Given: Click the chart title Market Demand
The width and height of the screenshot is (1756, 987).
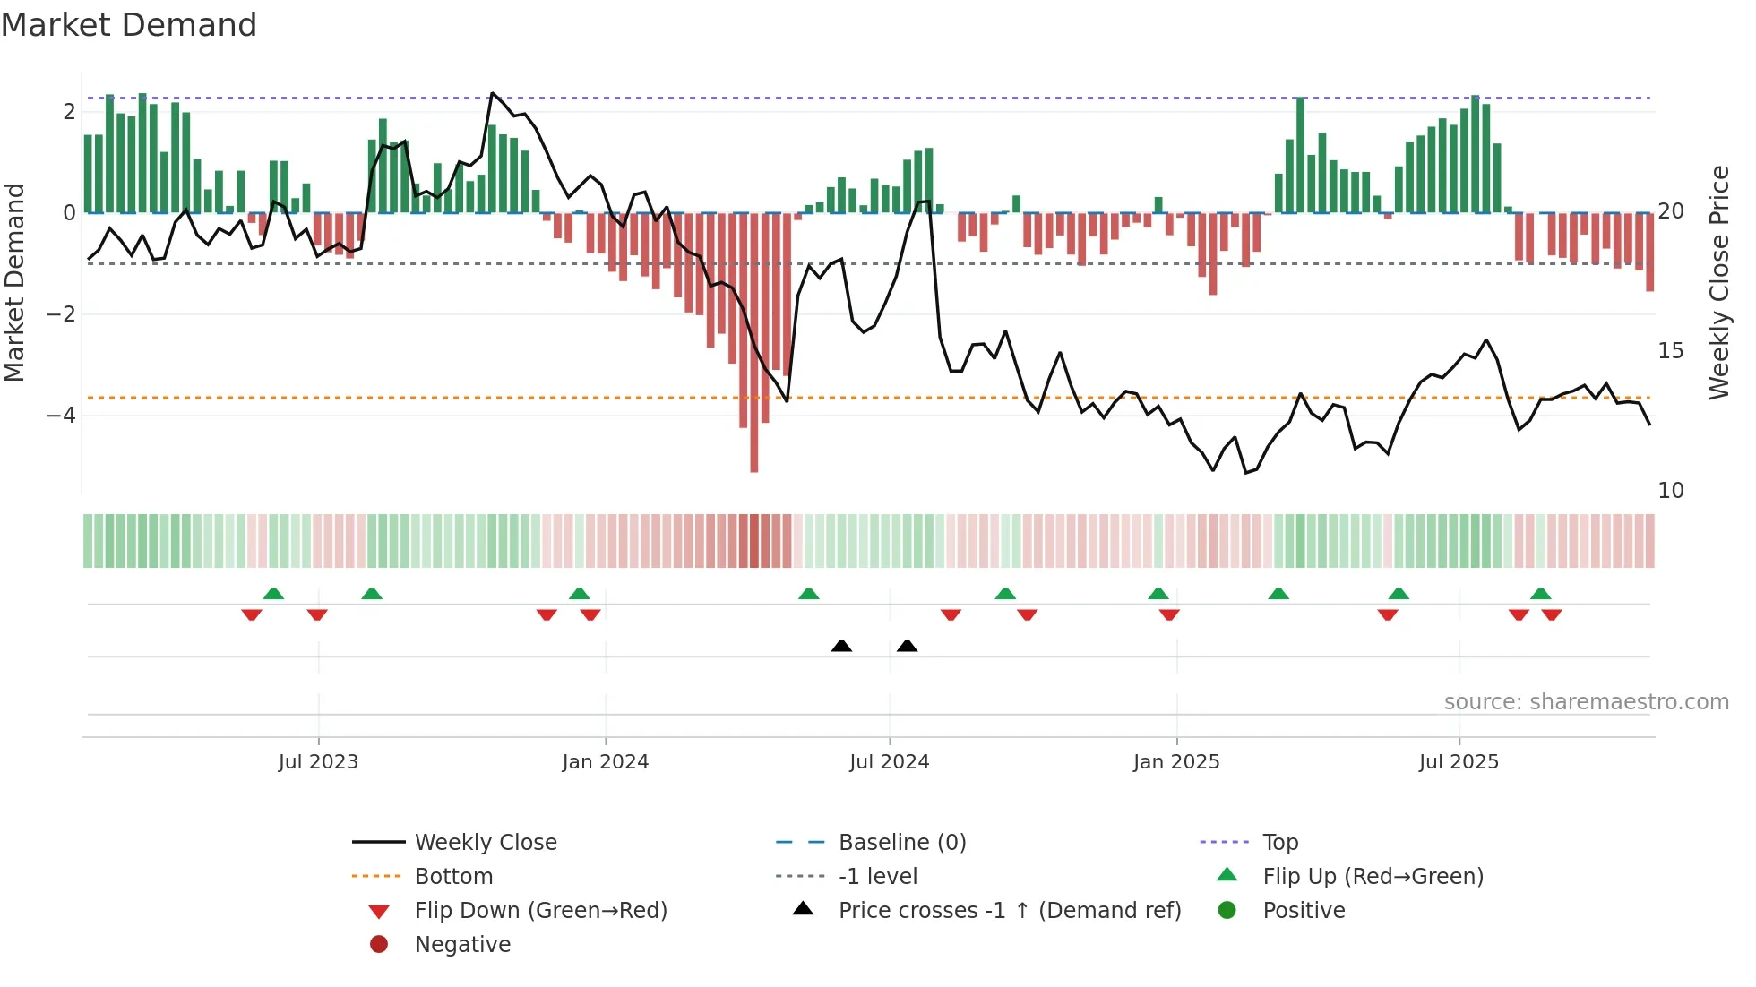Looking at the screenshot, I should coord(129,25).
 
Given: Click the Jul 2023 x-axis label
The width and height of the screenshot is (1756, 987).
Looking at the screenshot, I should coord(318,762).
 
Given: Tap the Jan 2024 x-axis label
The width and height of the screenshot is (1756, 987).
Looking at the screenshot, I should coord(605,762).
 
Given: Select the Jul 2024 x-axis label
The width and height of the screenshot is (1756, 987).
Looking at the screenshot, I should coord(889,762).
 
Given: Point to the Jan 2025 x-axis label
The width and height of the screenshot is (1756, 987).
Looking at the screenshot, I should coord(1175,762).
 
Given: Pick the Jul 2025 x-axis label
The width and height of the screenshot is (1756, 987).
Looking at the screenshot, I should coord(1459,762).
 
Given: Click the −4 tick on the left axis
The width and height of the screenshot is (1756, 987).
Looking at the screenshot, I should coord(61,416).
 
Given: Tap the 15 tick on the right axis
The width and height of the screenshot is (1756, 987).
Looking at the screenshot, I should coord(1670,351).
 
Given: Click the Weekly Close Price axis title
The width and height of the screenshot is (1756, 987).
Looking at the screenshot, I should coord(1718,282).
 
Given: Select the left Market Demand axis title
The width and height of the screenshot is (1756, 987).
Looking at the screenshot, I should coord(14,282).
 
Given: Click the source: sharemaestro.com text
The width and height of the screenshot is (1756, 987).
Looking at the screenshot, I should coord(1586,702).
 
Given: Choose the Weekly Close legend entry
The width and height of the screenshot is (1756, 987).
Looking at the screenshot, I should coord(485,843).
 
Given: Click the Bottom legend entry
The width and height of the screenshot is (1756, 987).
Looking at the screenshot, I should coord(453,877).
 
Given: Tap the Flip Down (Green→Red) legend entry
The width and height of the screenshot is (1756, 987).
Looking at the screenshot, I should coord(540,911).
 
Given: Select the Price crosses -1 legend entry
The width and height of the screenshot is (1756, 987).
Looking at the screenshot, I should coord(1009,911).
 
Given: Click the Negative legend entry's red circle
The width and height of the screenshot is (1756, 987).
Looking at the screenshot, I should coord(379,945).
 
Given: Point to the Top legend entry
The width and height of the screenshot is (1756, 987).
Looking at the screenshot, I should coord(1279,843).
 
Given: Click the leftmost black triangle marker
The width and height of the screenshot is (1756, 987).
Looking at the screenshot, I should coord(841,647).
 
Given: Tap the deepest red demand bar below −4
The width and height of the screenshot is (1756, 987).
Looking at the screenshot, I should coord(754,448).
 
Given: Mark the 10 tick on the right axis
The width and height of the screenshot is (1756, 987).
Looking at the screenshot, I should coord(1670,491).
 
